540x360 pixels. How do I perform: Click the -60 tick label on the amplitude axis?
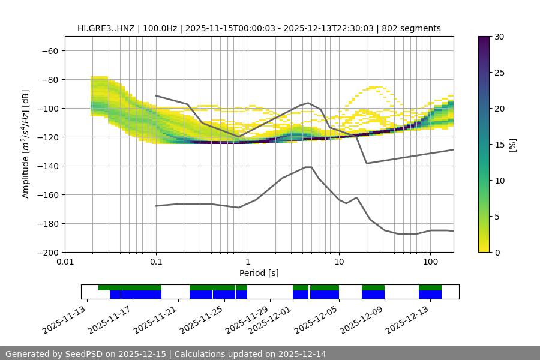(x=49, y=50)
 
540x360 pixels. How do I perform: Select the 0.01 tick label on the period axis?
(x=65, y=262)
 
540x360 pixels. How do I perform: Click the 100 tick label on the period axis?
(x=430, y=262)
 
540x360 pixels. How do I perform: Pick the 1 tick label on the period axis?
(x=247, y=262)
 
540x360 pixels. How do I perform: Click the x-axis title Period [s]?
(x=259, y=273)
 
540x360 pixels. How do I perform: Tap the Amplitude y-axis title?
(x=26, y=144)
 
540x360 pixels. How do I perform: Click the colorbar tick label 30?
(x=499, y=37)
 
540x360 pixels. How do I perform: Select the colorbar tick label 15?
(x=499, y=144)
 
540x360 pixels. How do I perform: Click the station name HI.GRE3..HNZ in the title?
(x=106, y=28)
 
